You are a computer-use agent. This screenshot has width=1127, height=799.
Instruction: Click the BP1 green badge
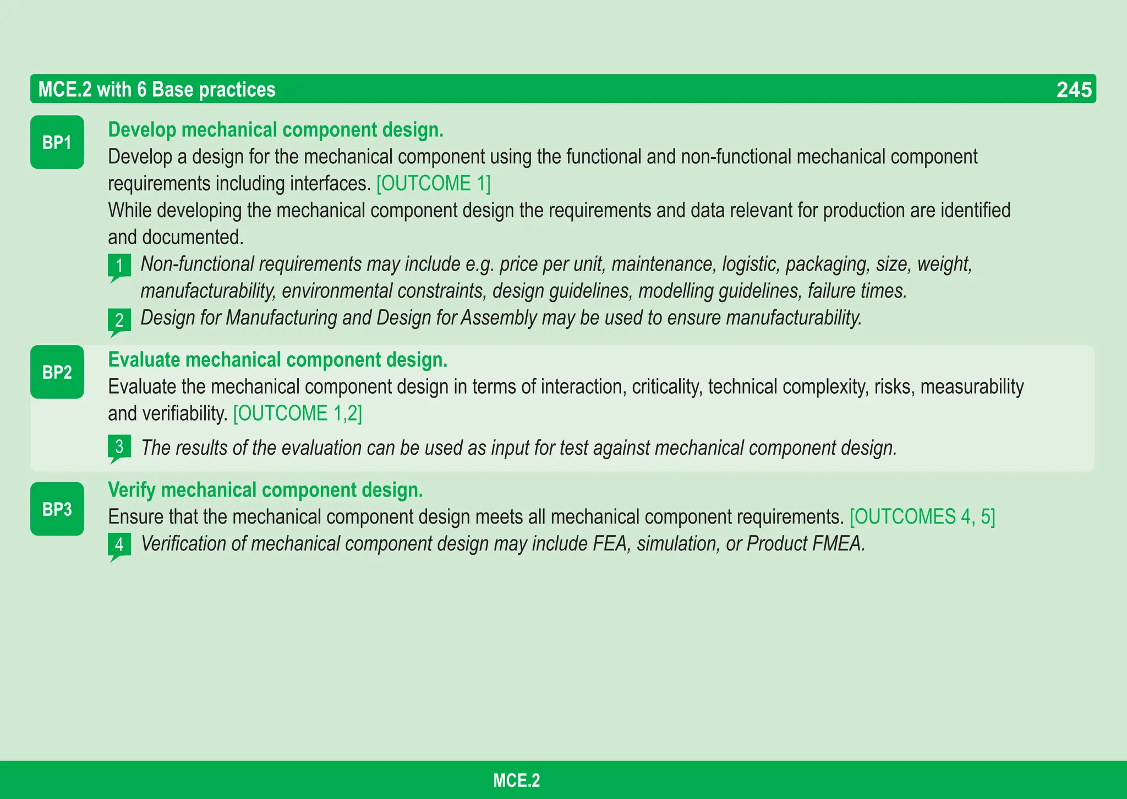(57, 142)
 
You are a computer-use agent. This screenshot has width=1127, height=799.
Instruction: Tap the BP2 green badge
(57, 372)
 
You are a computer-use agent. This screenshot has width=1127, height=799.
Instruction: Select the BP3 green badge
(57, 509)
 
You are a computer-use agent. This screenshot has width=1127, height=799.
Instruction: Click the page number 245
(1074, 90)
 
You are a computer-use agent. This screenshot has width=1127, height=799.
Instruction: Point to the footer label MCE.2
(516, 780)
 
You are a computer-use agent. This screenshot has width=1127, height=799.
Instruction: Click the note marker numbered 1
(119, 266)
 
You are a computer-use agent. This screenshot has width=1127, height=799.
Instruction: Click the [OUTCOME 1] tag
(433, 184)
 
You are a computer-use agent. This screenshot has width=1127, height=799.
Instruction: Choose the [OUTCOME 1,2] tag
(297, 414)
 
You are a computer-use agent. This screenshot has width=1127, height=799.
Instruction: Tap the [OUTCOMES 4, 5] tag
(922, 517)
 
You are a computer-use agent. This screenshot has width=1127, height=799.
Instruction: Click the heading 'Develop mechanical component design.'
(276, 130)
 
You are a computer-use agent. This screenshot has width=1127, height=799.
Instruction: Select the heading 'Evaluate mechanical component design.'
(278, 360)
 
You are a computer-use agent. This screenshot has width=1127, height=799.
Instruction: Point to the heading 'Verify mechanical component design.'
(265, 490)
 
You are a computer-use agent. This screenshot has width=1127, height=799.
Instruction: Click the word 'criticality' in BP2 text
(667, 387)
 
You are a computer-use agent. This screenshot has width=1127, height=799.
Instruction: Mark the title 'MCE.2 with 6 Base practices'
(157, 90)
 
